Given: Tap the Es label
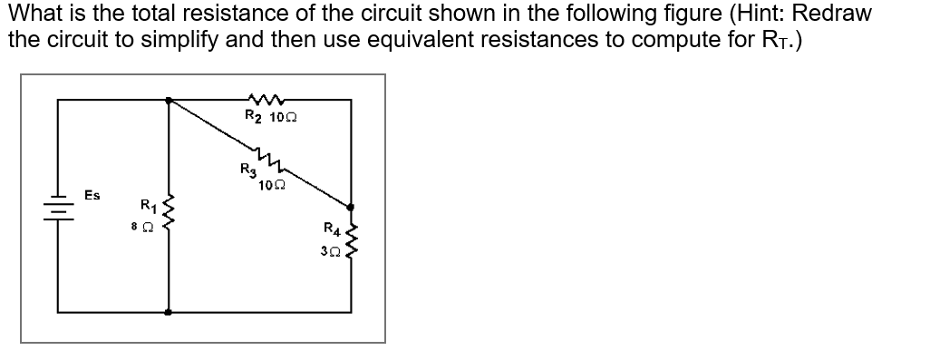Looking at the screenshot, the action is click(92, 195).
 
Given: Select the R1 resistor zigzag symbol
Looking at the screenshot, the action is click(168, 213).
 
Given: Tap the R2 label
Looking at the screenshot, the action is click(254, 116).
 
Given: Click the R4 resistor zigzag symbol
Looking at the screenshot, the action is click(352, 238).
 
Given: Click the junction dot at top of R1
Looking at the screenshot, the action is click(168, 101).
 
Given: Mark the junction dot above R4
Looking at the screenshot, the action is click(352, 207).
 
